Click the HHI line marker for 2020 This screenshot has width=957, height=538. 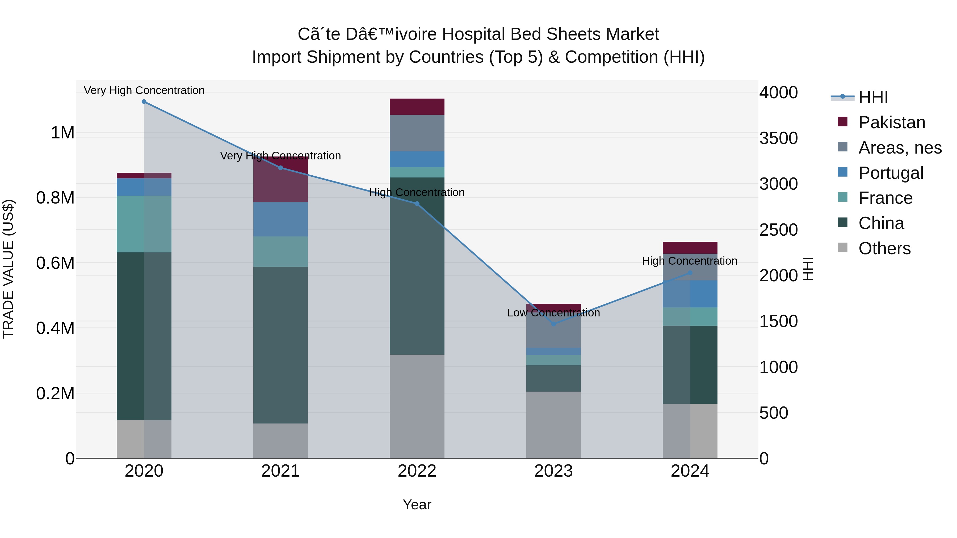[144, 102]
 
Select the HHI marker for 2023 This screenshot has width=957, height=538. [553, 324]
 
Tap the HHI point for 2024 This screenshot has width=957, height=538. [690, 273]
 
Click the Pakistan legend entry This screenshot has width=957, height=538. [892, 122]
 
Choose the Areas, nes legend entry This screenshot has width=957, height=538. [900, 148]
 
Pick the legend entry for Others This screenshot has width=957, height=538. [884, 248]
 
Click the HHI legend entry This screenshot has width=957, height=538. [873, 97]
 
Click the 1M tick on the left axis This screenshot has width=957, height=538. [62, 133]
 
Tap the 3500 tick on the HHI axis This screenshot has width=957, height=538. [778, 138]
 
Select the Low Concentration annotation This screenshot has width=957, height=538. [553, 313]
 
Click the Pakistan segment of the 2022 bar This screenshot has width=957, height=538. [417, 107]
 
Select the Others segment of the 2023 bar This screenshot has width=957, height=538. [553, 425]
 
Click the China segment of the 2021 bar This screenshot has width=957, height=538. [280, 345]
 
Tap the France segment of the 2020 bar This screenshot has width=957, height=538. [144, 224]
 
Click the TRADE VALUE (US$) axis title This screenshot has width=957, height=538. [8, 269]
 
